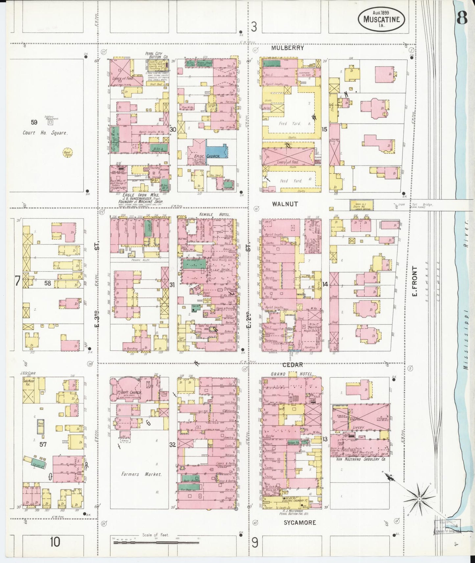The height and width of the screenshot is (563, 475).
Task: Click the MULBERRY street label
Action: (x=288, y=48)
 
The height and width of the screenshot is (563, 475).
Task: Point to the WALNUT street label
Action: (x=285, y=204)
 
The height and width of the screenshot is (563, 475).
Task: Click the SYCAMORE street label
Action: (x=300, y=523)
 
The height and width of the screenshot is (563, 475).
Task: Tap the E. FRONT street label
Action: (x=414, y=281)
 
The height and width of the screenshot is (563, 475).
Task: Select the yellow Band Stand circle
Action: (x=68, y=152)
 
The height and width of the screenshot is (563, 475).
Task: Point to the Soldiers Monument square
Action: (x=50, y=122)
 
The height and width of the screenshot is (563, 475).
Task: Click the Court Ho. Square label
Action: (x=45, y=133)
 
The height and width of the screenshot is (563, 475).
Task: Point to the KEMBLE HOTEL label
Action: (x=215, y=214)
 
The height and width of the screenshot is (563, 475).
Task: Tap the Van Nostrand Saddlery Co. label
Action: (x=361, y=459)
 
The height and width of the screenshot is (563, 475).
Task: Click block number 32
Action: (x=172, y=445)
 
